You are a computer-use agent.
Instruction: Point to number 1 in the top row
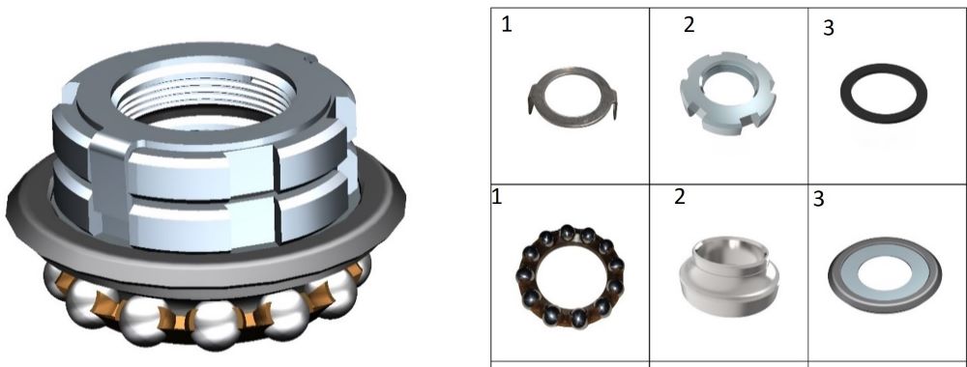coord(507,25)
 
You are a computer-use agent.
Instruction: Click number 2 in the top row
coord(689,25)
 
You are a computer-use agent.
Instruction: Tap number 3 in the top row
coord(829,28)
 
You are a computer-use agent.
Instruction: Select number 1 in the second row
coord(496,197)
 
